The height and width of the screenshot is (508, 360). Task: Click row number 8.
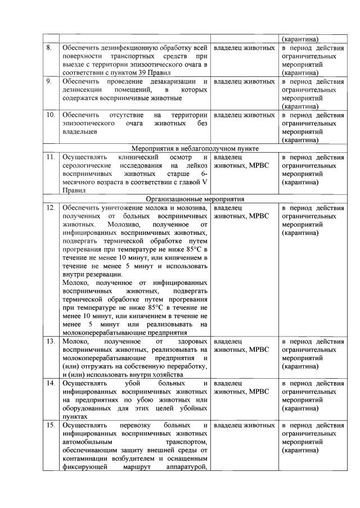click(50, 48)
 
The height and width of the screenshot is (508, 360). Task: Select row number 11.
click(51, 158)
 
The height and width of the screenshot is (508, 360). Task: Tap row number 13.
click(51, 341)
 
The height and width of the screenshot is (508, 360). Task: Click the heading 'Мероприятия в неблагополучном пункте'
click(195, 148)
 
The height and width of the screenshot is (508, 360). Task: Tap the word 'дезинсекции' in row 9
click(83, 90)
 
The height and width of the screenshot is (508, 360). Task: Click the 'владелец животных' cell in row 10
click(244, 115)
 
